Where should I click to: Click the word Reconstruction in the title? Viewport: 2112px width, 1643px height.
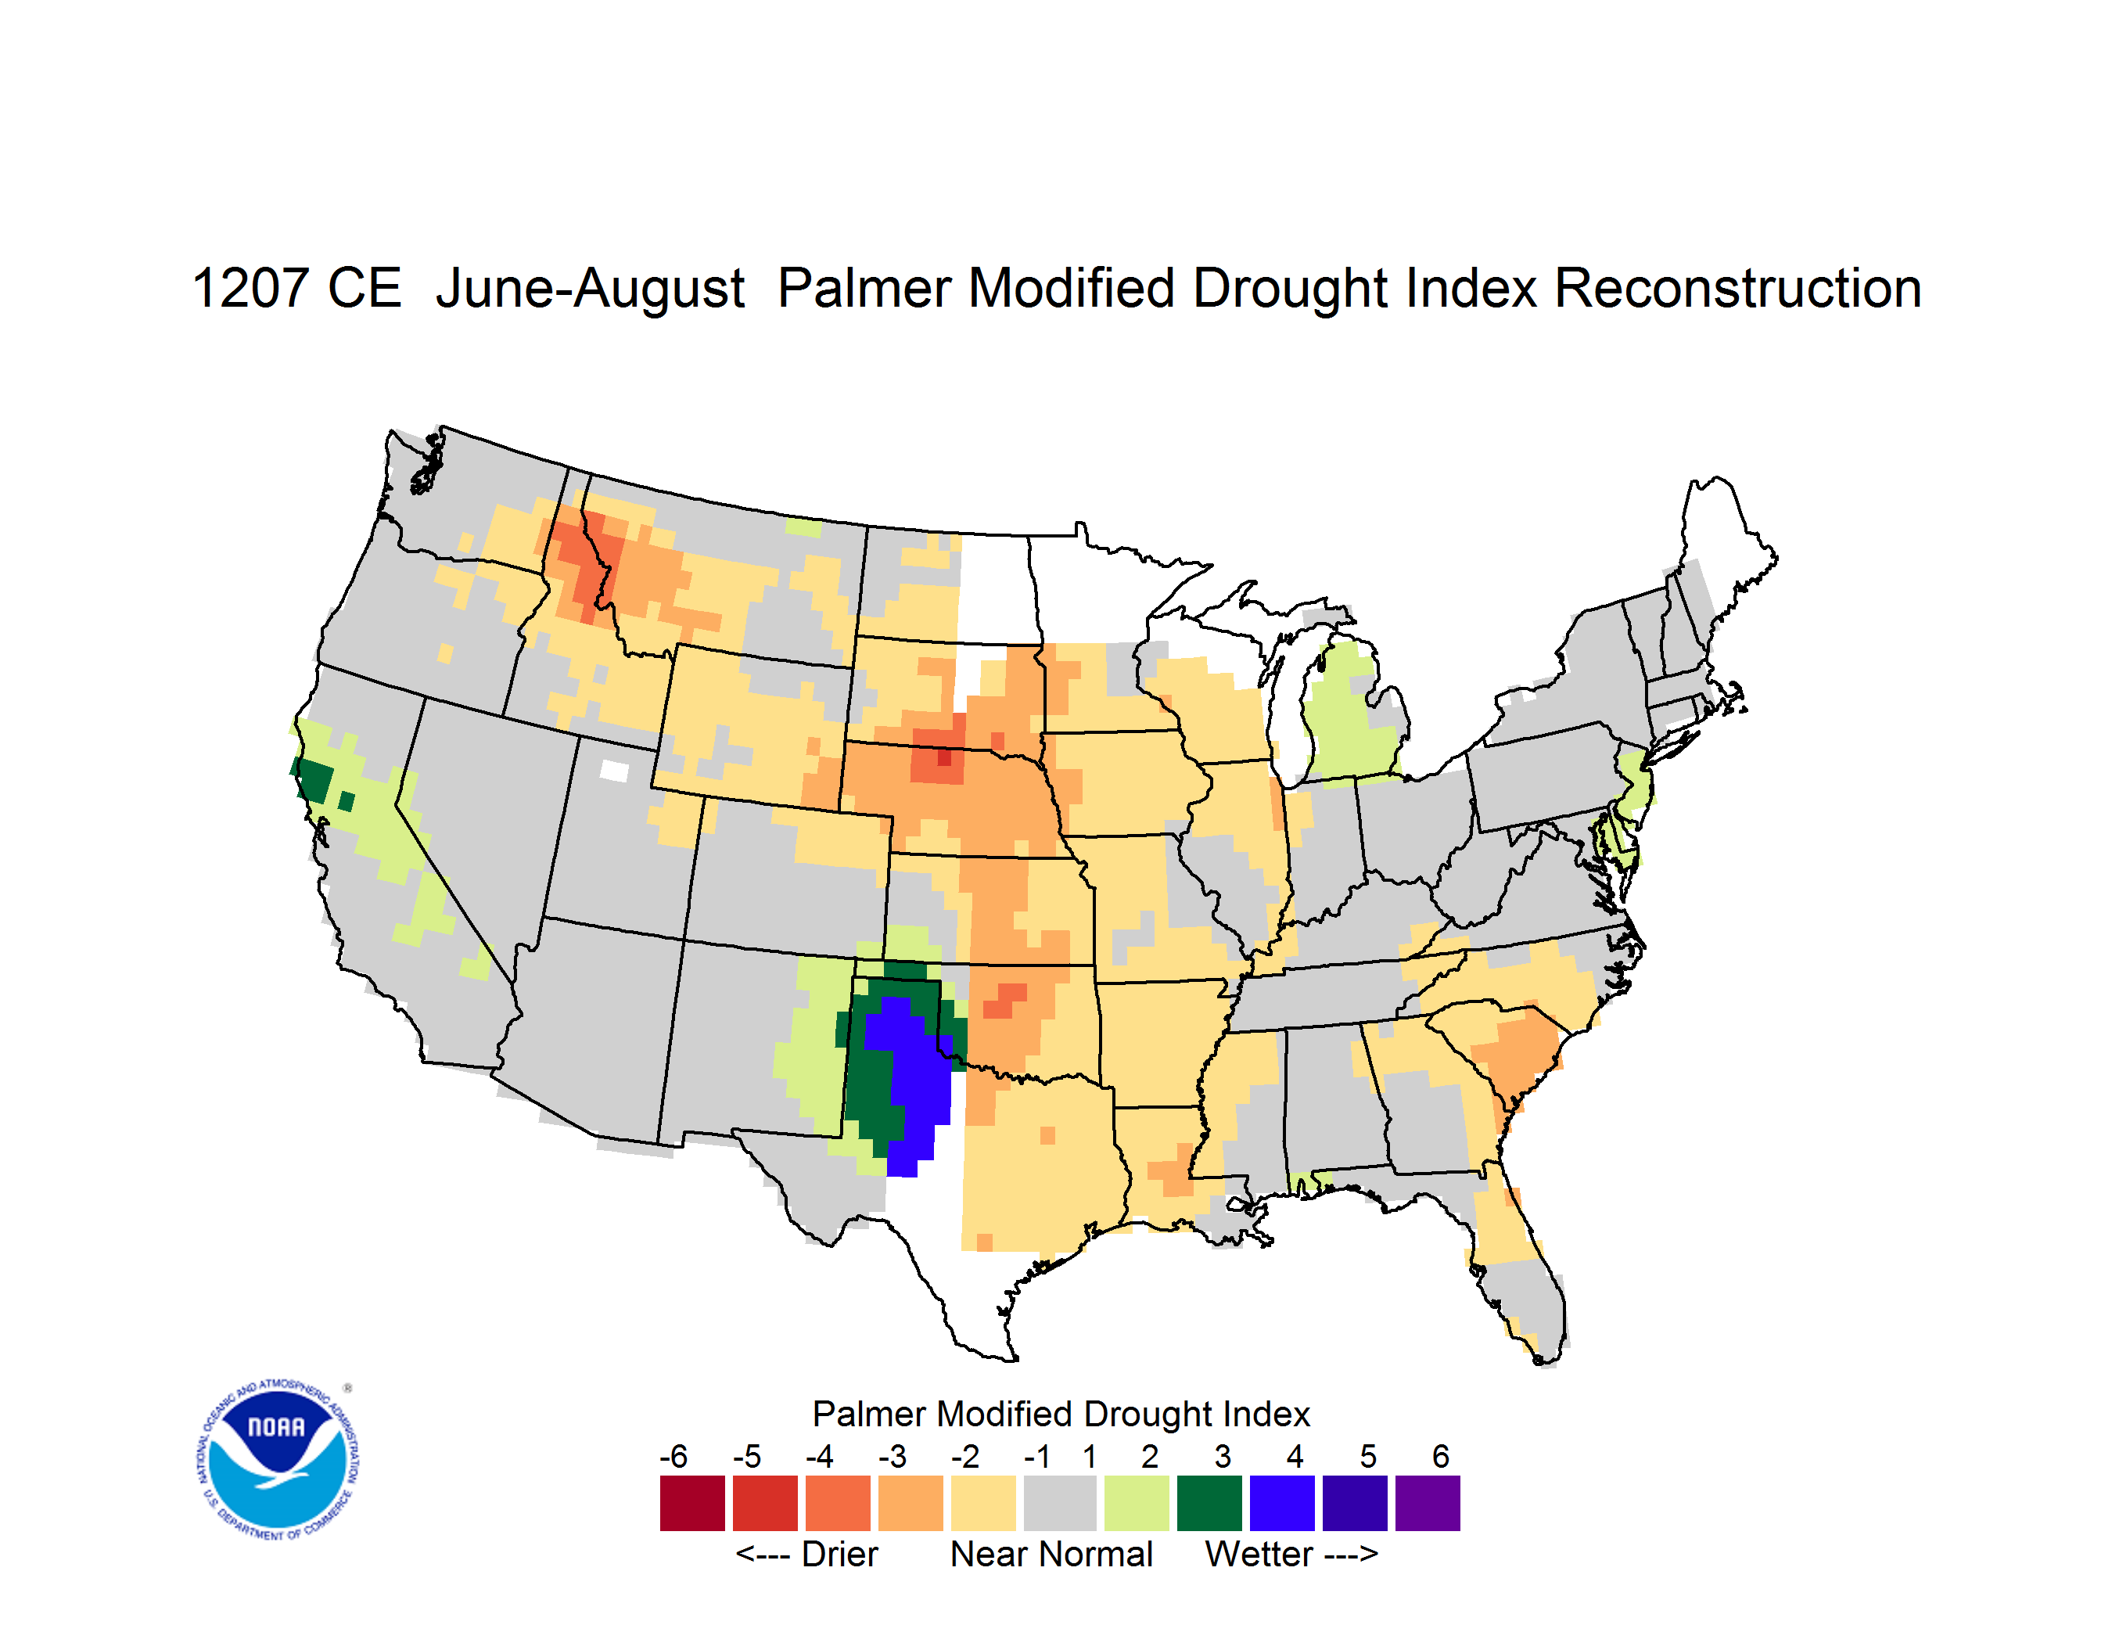(1738, 288)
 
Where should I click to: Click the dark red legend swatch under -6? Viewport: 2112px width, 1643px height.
(692, 1503)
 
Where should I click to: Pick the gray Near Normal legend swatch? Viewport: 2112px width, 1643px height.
(1060, 1503)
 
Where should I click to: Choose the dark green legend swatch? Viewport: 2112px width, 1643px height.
(1209, 1503)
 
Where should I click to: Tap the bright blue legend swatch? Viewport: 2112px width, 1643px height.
(1282, 1503)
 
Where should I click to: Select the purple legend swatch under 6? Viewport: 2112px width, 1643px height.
(1428, 1503)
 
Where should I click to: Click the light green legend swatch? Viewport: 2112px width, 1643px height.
(1137, 1503)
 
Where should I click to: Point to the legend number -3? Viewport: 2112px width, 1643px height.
(893, 1456)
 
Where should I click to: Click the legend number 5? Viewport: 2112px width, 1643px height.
(1368, 1456)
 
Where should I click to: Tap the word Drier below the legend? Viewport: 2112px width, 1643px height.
(839, 1554)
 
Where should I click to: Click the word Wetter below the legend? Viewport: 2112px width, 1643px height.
(1259, 1554)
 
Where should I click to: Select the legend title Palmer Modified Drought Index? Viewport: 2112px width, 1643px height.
(1061, 1414)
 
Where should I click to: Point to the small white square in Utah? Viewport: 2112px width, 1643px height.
(614, 771)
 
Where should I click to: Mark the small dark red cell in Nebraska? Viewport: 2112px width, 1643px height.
(944, 758)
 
